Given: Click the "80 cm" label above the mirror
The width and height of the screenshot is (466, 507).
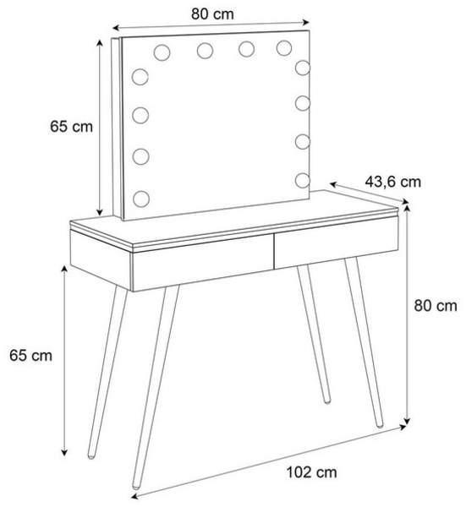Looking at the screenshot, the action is [x=212, y=14].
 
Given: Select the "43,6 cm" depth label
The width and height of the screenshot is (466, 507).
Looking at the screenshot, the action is [x=393, y=182].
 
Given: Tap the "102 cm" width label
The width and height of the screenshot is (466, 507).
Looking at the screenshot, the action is [x=311, y=472].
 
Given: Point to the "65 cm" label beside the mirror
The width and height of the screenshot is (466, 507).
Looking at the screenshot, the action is [x=71, y=127].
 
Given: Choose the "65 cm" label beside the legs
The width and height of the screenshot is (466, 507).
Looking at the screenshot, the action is [x=30, y=356].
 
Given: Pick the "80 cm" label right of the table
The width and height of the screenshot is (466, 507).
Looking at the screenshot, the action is [x=436, y=306].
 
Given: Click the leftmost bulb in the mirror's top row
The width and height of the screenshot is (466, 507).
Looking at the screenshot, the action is [x=162, y=52].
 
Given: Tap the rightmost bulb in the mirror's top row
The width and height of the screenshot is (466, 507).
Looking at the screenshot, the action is [x=284, y=48].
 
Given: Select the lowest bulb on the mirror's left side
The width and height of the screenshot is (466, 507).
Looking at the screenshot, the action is [x=141, y=199].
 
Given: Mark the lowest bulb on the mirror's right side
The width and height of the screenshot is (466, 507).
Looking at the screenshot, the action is [x=303, y=181].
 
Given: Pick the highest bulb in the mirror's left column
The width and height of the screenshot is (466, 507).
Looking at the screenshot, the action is [x=140, y=77].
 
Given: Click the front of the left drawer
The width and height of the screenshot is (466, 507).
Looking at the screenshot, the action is [x=203, y=263].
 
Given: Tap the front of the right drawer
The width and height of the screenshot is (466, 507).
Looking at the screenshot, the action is [x=337, y=243].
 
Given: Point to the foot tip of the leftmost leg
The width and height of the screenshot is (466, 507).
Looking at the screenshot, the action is [x=91, y=456].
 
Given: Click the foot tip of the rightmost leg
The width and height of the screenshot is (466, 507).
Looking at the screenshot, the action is [x=380, y=425].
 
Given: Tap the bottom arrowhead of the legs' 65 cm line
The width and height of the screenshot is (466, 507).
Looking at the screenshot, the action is [x=65, y=453].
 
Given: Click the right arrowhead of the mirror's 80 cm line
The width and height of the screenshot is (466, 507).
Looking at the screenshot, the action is [x=307, y=22].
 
